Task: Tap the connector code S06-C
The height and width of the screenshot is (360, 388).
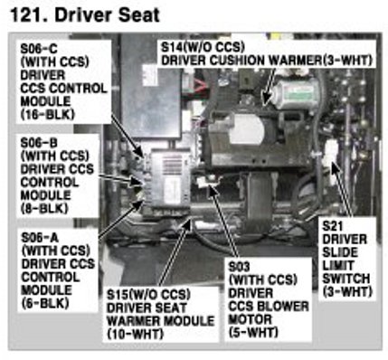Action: [39, 48]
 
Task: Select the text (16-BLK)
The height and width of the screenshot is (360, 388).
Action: [47, 114]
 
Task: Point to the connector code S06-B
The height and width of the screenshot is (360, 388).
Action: [39, 143]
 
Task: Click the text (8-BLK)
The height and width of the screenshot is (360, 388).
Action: [44, 208]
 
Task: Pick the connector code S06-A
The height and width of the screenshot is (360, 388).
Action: [40, 237]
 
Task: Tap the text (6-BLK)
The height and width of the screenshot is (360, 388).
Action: [45, 303]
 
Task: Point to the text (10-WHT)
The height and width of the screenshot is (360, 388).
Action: [135, 334]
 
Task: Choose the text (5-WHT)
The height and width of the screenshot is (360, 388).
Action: [253, 333]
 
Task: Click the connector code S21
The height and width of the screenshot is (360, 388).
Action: [333, 226]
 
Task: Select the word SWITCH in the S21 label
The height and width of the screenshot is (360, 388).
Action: [346, 279]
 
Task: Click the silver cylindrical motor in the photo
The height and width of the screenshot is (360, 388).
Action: [297, 93]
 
